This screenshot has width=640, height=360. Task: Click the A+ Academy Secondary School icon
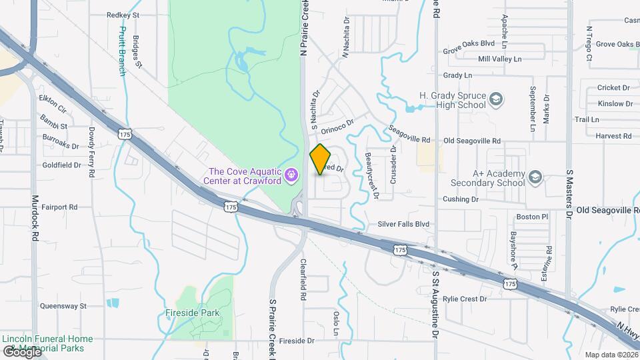535,177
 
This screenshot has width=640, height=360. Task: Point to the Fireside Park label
193,313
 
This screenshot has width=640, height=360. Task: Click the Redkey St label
123,14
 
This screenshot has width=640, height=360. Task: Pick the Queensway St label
64,306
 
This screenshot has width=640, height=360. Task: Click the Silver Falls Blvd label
403,225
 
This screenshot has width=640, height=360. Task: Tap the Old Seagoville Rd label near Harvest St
471,141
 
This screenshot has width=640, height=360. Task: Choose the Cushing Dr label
461,199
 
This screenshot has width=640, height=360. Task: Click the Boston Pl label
532,217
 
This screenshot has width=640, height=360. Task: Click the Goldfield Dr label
61,165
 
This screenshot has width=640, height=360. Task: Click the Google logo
22,351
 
